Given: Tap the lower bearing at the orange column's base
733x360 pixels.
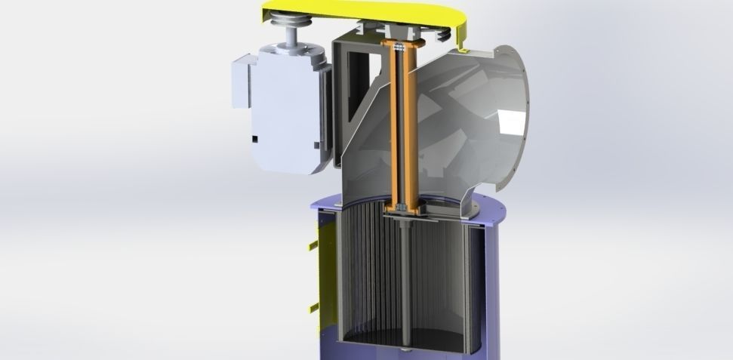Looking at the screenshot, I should [399, 205].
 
